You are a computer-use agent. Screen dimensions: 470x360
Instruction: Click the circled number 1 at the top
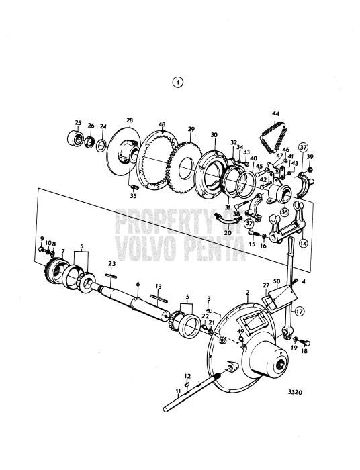178,83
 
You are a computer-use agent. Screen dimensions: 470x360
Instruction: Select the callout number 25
78,123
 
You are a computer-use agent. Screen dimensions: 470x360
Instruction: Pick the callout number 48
161,124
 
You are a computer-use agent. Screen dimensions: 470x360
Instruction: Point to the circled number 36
285,212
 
